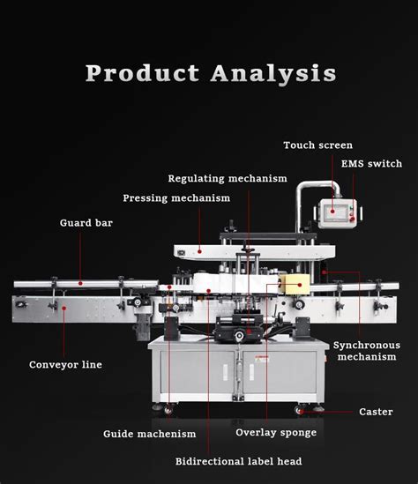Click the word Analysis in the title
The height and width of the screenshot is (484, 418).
273,73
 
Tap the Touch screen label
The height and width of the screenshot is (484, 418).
317,145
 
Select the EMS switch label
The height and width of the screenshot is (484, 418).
371,164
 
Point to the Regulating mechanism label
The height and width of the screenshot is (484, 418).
228,178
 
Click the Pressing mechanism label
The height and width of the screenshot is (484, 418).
176,198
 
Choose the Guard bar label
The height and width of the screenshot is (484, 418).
86,223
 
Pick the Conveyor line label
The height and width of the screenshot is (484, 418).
65,364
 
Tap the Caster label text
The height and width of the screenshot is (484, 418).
376,412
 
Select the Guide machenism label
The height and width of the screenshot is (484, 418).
149,434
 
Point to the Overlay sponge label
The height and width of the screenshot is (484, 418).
276,433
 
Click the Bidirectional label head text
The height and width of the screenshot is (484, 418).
239,461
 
